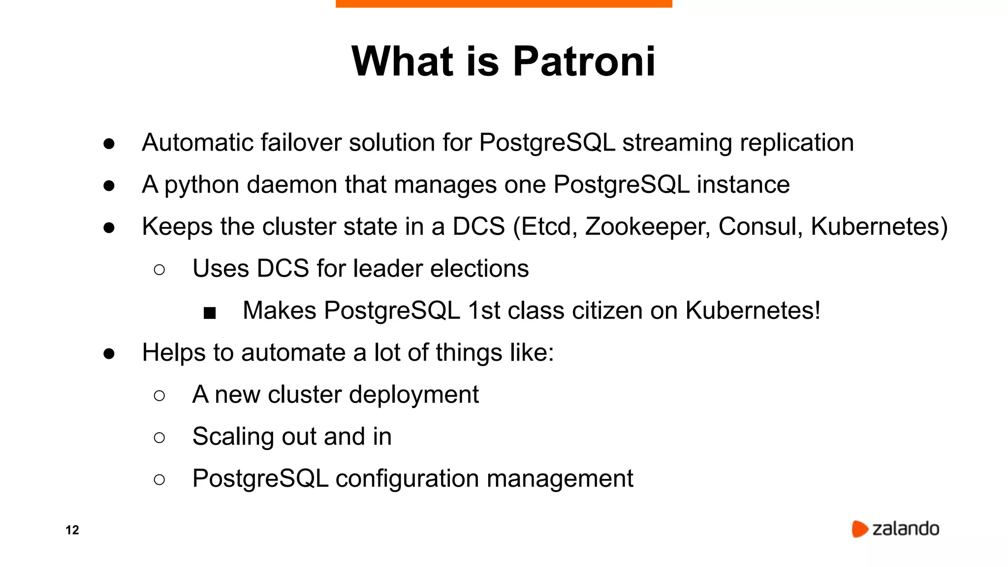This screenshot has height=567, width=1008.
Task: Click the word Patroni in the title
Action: pyautogui.click(x=584, y=62)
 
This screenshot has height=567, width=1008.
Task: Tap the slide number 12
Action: pyautogui.click(x=72, y=530)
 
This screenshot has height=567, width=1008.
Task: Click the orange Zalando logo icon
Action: pyautogui.click(x=859, y=529)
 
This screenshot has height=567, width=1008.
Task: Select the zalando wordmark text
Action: pyautogui.click(x=906, y=529)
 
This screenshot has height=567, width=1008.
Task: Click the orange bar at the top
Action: pyautogui.click(x=504, y=3)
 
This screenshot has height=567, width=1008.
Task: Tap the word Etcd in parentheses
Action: pyautogui.click(x=545, y=227)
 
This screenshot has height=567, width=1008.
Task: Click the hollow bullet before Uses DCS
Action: pyautogui.click(x=159, y=270)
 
